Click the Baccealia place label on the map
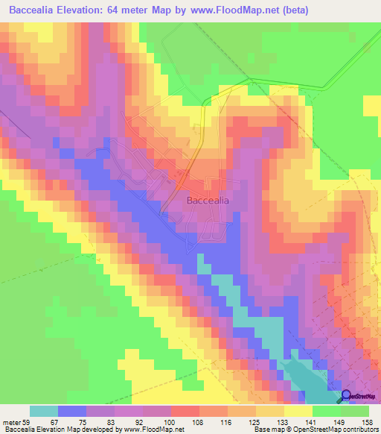pyautogui.click(x=206, y=201)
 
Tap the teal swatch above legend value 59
pyautogui.click(x=44, y=411)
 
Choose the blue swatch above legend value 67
pyautogui.click(x=72, y=411)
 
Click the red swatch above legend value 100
pyautogui.click(x=185, y=411)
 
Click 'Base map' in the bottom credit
pyautogui.click(x=266, y=430)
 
